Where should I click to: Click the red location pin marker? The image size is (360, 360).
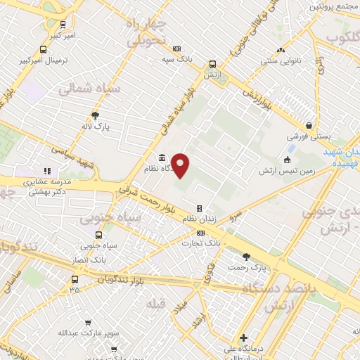pos(181,165)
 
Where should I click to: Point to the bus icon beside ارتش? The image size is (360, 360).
pos(213,63)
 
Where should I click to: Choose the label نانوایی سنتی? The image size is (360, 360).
pos(281,62)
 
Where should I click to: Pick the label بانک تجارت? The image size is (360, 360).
pos(218,243)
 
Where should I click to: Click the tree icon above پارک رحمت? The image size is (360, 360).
pos(245,257)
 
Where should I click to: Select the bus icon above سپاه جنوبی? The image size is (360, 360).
pos(98,236)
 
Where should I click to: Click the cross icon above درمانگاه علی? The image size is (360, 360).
pos(243,337)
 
